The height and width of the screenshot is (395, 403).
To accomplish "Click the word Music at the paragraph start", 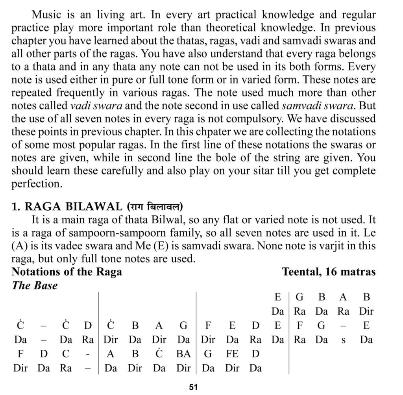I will (44, 15).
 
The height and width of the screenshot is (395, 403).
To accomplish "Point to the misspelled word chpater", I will (227, 132).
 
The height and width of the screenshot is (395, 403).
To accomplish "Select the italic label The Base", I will (35, 285).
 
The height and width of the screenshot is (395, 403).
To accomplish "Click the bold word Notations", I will (37, 271).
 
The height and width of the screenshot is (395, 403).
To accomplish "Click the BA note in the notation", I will (183, 354).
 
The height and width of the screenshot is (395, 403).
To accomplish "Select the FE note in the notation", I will (232, 354).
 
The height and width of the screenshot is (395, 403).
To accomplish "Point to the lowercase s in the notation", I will (343, 340).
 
